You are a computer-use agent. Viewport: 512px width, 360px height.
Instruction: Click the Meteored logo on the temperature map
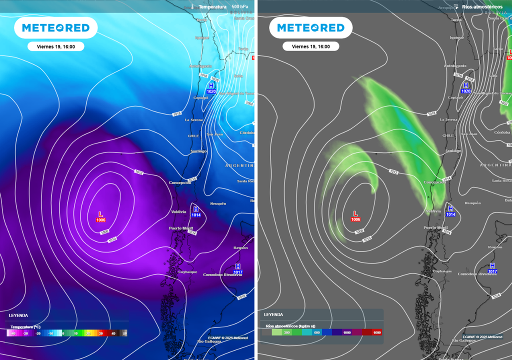pyautogui.click(x=52, y=28)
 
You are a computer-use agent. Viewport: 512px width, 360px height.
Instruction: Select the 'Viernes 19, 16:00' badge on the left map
pyautogui.click(x=56, y=46)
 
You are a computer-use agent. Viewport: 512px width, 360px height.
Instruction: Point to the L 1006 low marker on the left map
pyautogui.click(x=100, y=216)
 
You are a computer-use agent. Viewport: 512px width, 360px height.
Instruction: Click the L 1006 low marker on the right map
pyautogui.click(x=355, y=216)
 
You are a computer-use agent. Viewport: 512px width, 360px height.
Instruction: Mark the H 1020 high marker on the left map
pyautogui.click(x=210, y=88)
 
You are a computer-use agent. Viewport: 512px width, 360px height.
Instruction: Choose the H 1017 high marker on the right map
pyautogui.click(x=492, y=268)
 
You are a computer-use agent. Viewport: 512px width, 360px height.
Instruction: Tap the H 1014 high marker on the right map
pyautogui.click(x=450, y=211)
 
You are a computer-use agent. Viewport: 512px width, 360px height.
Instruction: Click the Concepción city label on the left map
pyautogui.click(x=180, y=183)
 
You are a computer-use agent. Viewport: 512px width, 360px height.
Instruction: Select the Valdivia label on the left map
pyautogui.click(x=178, y=212)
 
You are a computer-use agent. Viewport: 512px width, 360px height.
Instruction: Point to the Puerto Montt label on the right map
pyautogui.click(x=436, y=227)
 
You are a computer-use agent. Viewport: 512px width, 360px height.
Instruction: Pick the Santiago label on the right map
pyautogui.click(x=453, y=151)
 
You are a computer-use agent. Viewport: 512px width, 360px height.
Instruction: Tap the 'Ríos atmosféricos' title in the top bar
pyautogui.click(x=482, y=7)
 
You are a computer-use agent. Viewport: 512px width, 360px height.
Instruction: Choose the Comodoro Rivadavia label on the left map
pyautogui.click(x=222, y=274)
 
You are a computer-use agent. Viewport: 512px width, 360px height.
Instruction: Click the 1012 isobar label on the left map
pyautogui.click(x=138, y=172)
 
